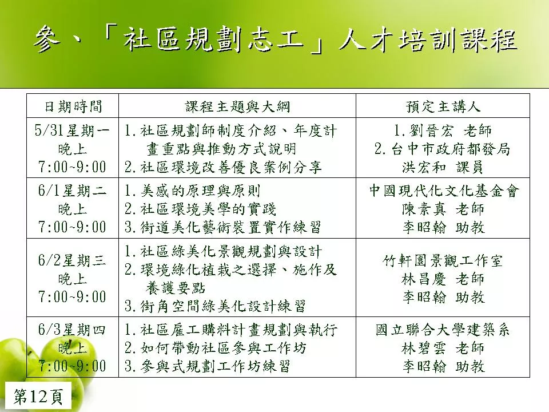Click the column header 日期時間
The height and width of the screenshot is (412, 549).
(73, 106)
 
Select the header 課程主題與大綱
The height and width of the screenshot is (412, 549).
(237, 106)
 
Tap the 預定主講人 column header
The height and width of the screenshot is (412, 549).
(443, 106)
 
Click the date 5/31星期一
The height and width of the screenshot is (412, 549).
(72, 130)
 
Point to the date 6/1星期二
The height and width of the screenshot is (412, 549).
(72, 191)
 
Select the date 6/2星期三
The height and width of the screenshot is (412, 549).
(72, 260)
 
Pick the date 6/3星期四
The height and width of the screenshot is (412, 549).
(72, 330)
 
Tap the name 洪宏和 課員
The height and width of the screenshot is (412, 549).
(443, 167)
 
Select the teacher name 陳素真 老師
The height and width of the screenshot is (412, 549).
(443, 209)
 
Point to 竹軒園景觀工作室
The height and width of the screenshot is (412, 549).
(443, 260)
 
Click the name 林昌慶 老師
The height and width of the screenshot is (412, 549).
(443, 279)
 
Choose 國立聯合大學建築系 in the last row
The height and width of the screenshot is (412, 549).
(443, 330)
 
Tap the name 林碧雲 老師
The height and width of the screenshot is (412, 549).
(443, 348)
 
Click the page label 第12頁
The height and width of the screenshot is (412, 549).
(38, 397)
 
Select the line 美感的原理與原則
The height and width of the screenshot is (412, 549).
(200, 191)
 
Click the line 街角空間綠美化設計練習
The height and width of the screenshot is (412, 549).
(223, 306)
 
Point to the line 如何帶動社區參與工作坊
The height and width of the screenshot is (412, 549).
(224, 348)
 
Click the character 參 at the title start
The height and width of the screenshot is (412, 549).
(47, 39)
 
